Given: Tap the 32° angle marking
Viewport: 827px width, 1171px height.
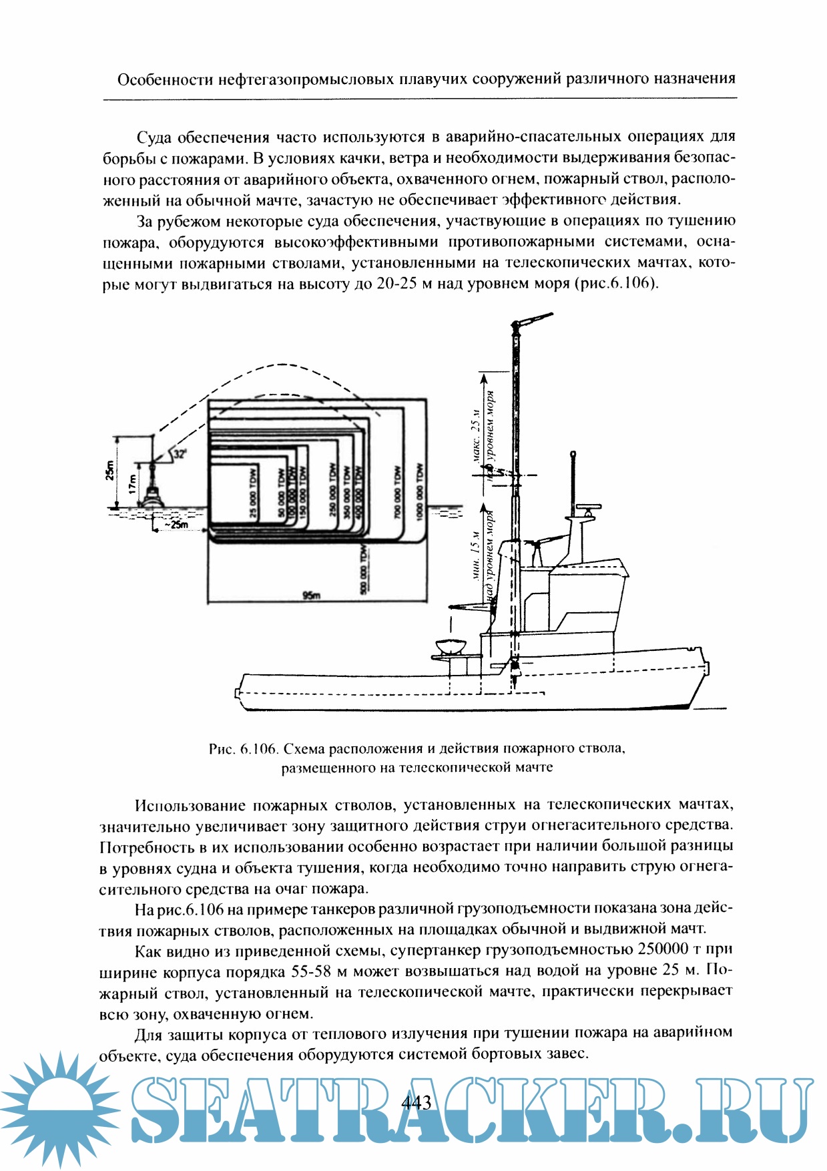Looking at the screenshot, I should click(180, 454).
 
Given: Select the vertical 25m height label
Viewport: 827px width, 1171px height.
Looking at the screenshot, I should click(109, 471).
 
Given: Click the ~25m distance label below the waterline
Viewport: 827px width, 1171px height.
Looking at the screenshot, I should click(176, 525).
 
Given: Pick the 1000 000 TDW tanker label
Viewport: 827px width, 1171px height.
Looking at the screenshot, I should click(419, 491).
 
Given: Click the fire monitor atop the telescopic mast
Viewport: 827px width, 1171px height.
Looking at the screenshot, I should click(532, 320).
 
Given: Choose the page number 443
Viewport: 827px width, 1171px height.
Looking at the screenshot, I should click(417, 1102).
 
